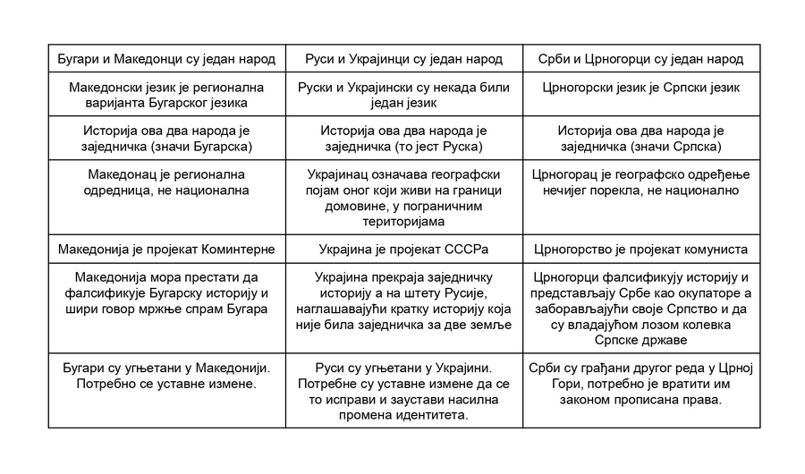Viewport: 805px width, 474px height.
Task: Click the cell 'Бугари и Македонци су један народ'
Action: pos(166,59)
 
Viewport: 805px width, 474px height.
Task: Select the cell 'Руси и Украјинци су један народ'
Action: pos(404,59)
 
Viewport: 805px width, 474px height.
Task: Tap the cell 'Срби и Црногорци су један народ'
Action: pos(641,59)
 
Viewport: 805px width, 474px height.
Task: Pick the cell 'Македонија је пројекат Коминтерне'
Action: pos(166,249)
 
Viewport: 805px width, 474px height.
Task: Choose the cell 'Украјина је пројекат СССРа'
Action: pos(404,249)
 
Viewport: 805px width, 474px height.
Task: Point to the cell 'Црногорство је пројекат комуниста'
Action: pos(641,249)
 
